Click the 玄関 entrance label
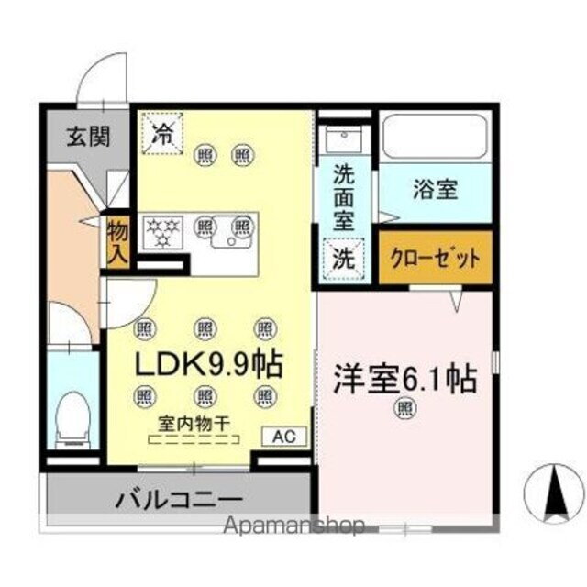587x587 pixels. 88,138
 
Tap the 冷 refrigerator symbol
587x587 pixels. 162,136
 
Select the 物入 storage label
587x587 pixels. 117,240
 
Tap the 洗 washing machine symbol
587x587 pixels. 343,258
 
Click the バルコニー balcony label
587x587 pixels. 178,501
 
